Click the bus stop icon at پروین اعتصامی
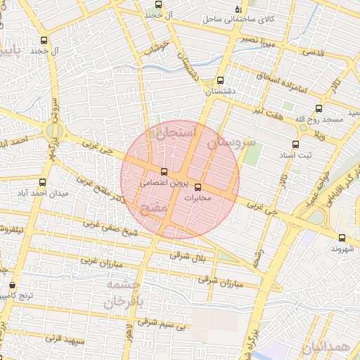pyautogui.click(x=165, y=172)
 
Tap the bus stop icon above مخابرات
pyautogui.click(x=197, y=187)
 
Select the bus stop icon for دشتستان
pyautogui.click(x=221, y=81)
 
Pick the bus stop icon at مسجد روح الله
pyautogui.click(x=319, y=109)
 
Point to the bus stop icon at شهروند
pyautogui.click(x=342, y=238)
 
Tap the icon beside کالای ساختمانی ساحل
pyautogui.click(x=238, y=10)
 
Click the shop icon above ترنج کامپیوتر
pyautogui.click(x=12, y=285)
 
